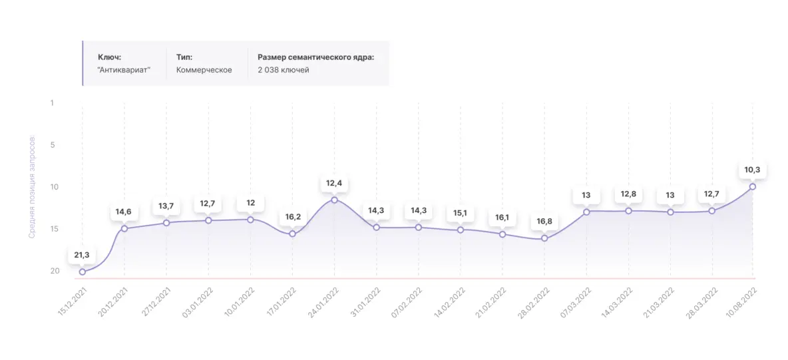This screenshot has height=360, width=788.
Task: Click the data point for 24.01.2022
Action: tap(334, 200)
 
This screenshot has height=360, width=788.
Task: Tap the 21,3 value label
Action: tap(82, 255)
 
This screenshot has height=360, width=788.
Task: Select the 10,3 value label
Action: tap(752, 170)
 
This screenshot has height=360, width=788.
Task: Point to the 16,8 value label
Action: tap(544, 222)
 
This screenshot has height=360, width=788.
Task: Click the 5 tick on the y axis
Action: tap(52, 144)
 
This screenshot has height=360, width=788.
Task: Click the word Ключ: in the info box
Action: tap(109, 57)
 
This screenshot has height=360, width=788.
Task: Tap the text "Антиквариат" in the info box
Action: tap(124, 70)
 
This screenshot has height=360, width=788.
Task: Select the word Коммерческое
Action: tap(204, 70)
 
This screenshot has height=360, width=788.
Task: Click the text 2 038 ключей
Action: tap(283, 70)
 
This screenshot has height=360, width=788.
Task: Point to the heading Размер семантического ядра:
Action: tap(315, 57)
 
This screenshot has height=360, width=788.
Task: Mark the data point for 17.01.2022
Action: tap(292, 234)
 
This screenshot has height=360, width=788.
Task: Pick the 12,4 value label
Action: tap(334, 183)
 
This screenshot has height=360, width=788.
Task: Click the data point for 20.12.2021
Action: tap(124, 229)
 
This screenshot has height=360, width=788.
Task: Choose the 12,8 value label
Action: tap(628, 194)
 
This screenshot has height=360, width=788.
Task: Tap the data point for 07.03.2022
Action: tap(586, 212)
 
